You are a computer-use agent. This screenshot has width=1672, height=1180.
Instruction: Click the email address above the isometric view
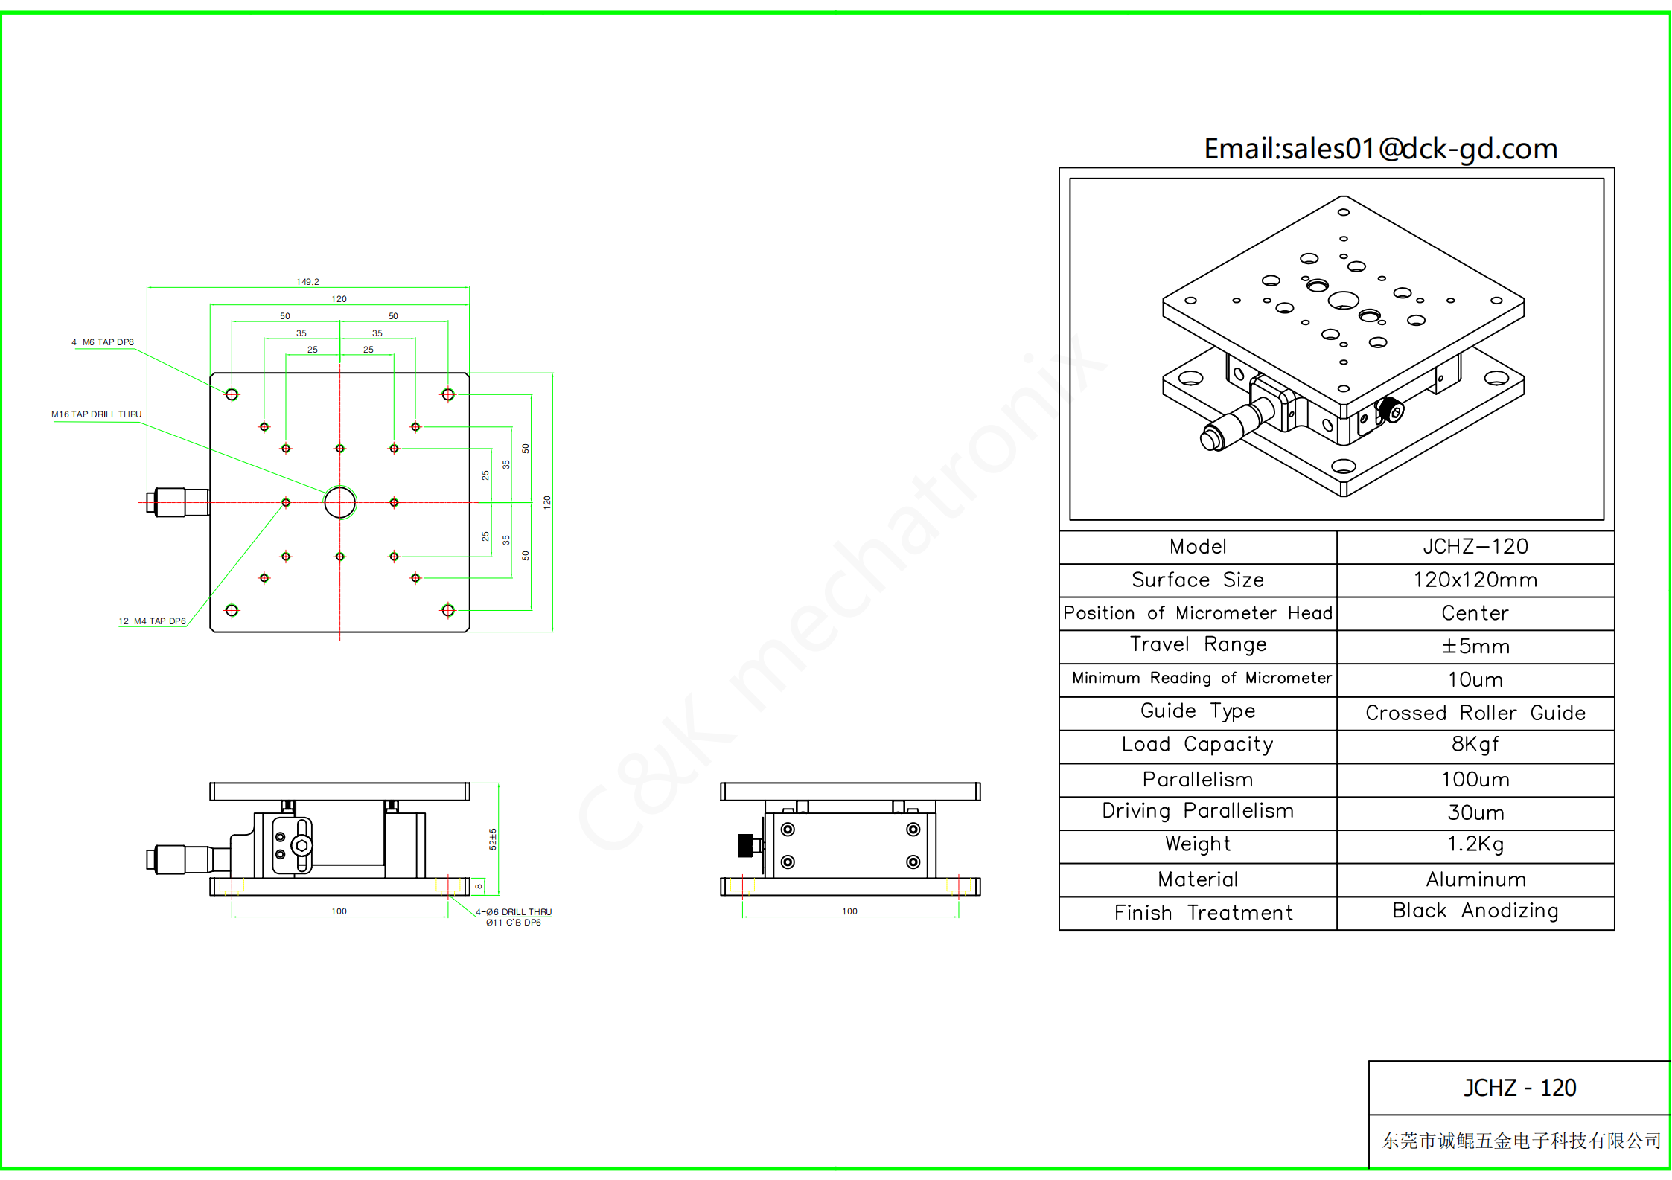tap(1381, 149)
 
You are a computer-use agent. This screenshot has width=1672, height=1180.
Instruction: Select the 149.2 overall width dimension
tap(307, 282)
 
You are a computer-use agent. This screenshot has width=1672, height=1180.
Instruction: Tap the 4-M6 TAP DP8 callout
tap(103, 342)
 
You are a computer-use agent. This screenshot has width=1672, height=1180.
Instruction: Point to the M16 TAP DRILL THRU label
tap(96, 414)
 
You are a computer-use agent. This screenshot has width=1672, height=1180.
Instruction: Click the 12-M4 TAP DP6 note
tap(152, 621)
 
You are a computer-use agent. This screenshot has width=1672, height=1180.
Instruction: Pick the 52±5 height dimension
tap(493, 838)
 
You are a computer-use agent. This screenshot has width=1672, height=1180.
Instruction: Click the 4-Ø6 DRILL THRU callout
tap(514, 912)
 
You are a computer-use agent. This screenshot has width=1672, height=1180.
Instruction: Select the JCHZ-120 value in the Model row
tap(1475, 547)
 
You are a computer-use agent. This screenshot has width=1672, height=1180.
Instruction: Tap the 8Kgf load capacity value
tap(1475, 745)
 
